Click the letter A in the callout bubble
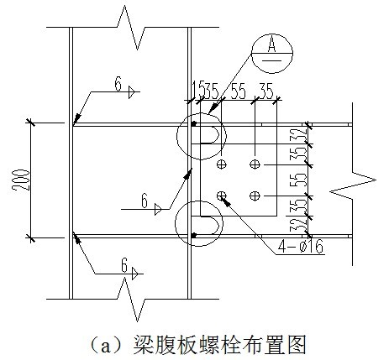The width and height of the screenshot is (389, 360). point(271,45)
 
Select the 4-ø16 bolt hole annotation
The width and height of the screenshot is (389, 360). point(300,248)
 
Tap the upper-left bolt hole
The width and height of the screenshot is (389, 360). point(222,164)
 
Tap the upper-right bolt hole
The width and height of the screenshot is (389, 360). point(255,164)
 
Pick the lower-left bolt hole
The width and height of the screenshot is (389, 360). point(222,196)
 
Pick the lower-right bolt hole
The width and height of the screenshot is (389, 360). point(255,196)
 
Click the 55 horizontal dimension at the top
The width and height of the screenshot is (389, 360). point(238,91)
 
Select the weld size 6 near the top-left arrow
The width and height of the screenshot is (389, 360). point(118,84)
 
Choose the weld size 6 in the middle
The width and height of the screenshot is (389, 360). point(145,201)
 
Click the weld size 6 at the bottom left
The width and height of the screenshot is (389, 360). point(124,265)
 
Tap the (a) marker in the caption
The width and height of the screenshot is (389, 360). point(105,346)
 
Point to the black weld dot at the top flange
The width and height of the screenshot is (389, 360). point(193,123)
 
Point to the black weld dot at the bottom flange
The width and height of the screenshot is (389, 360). point(193,235)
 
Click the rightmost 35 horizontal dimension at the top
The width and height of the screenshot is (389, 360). point(265,91)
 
